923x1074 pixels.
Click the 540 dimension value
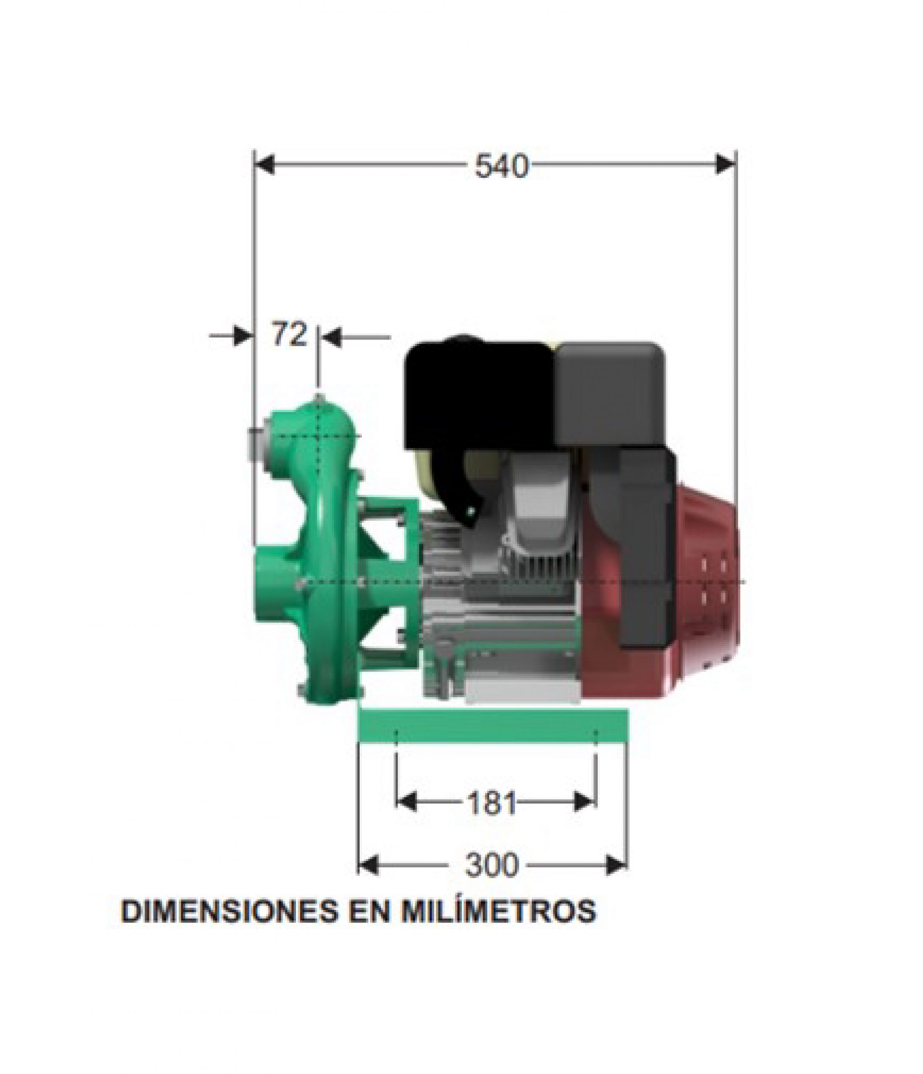click(x=502, y=167)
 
